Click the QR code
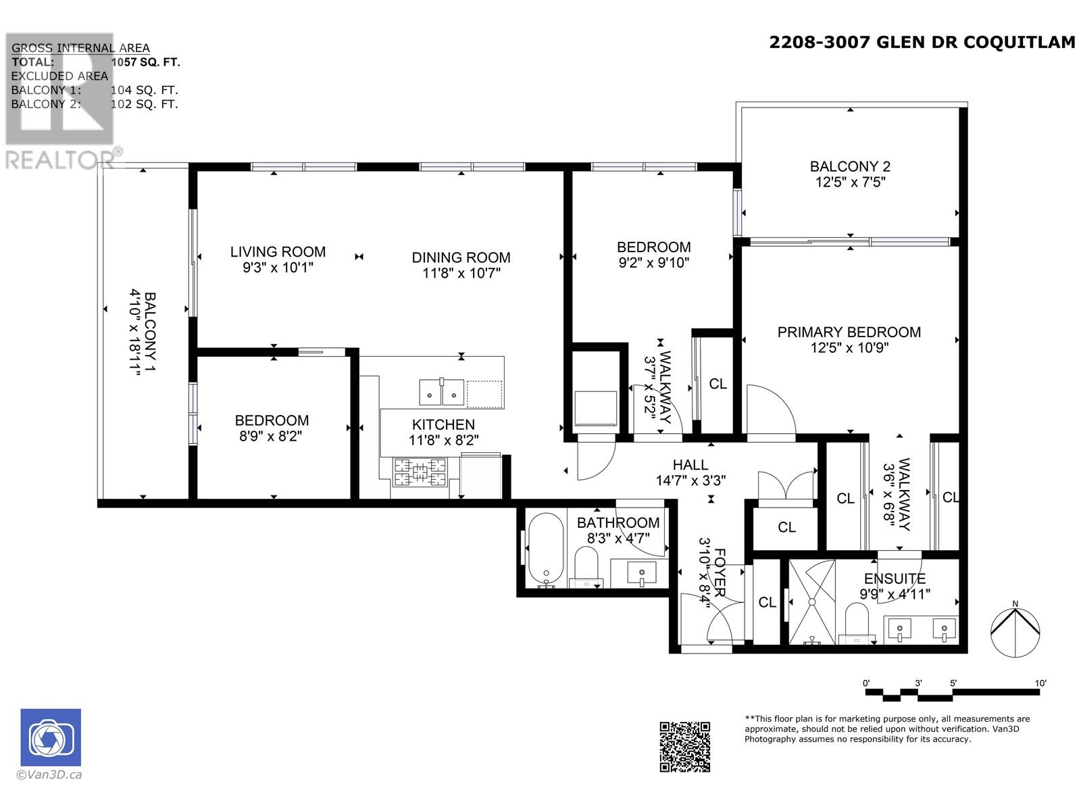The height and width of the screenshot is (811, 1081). pyautogui.click(x=684, y=746)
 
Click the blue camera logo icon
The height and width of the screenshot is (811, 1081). pyautogui.click(x=51, y=737)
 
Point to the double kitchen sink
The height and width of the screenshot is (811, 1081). pyautogui.click(x=441, y=393)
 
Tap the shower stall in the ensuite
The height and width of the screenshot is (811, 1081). pyautogui.click(x=812, y=601)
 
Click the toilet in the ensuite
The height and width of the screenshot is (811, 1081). pyautogui.click(x=857, y=623)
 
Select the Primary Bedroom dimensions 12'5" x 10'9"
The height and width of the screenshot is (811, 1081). pyautogui.click(x=849, y=348)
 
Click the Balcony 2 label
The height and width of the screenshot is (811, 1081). pyautogui.click(x=850, y=166)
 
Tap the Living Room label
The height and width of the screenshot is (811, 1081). pyautogui.click(x=278, y=252)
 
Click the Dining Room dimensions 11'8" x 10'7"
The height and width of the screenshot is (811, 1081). pyautogui.click(x=461, y=273)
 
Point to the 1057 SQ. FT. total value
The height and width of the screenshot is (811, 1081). pyautogui.click(x=145, y=62)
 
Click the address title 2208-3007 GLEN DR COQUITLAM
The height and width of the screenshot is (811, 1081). pyautogui.click(x=922, y=43)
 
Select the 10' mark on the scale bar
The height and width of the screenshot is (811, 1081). pyautogui.click(x=1040, y=683)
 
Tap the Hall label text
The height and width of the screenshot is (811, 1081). pyautogui.click(x=690, y=465)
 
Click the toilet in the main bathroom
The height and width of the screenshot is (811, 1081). pyautogui.click(x=586, y=566)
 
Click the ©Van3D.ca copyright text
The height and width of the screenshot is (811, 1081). pyautogui.click(x=49, y=775)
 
